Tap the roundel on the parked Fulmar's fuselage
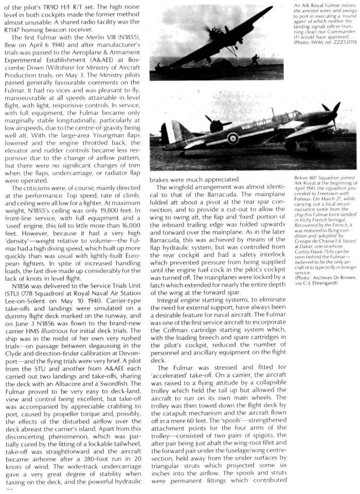tap(233, 138)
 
